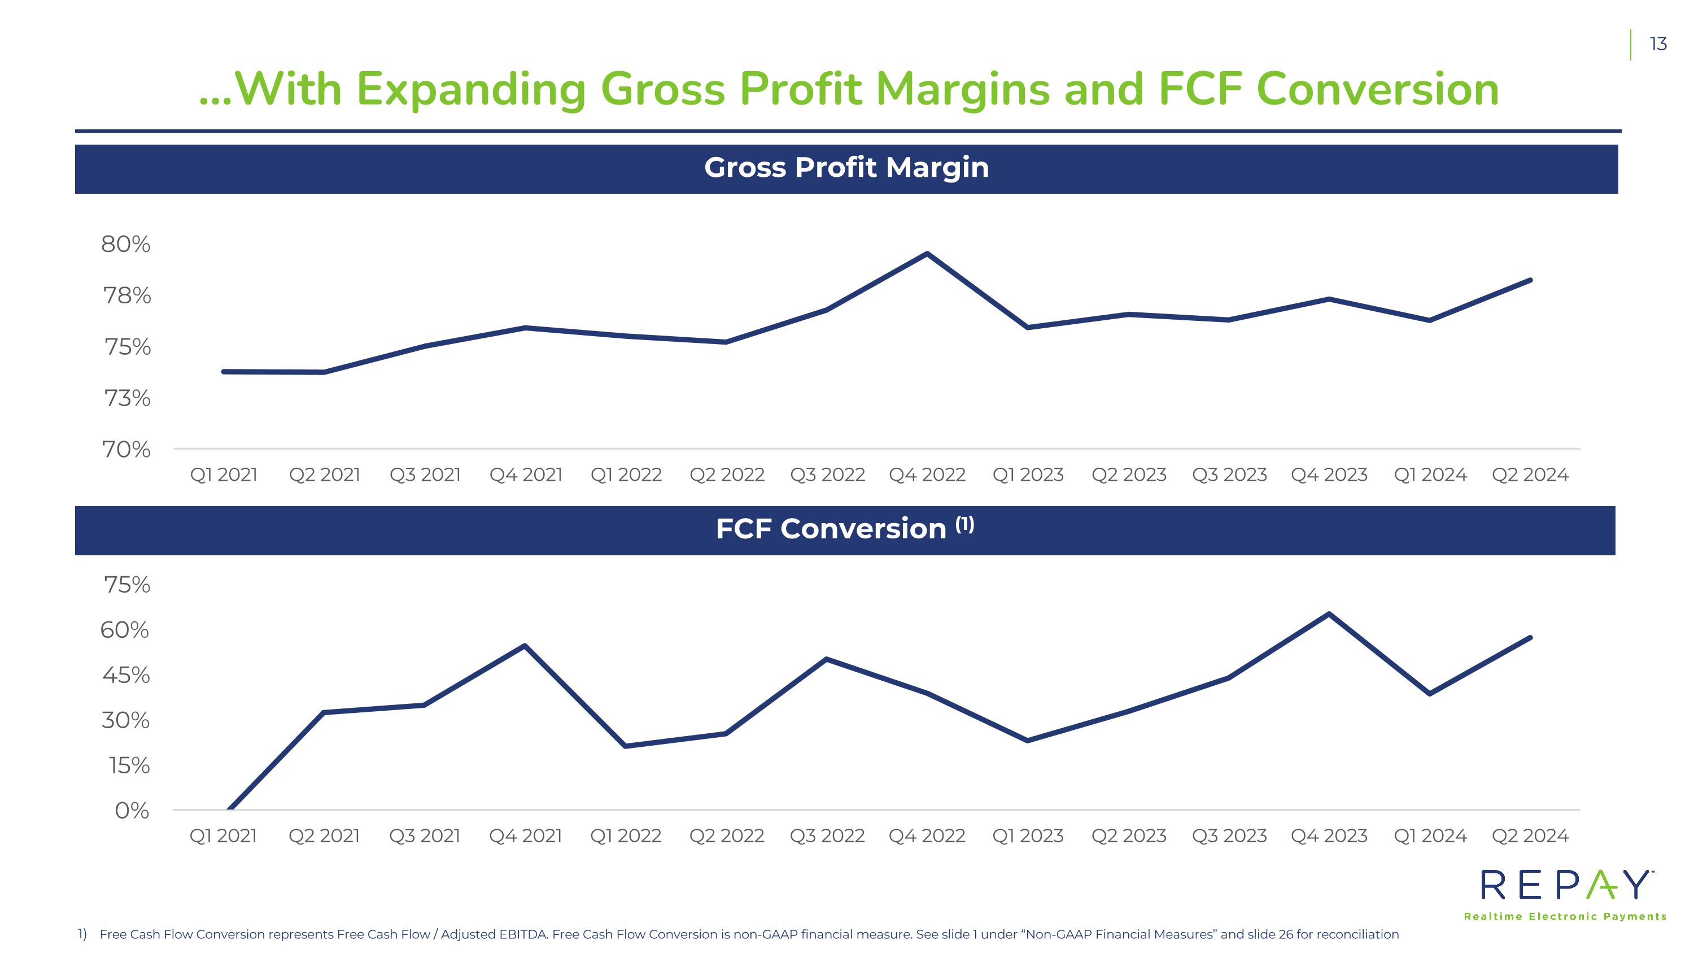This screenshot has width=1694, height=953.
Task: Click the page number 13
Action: tap(1658, 44)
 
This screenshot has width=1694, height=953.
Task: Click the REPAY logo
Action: tap(1566, 886)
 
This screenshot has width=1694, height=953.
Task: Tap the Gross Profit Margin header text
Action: tap(846, 168)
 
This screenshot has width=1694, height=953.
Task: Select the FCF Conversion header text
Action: tap(831, 529)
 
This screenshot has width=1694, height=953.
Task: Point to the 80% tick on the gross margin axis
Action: tap(125, 245)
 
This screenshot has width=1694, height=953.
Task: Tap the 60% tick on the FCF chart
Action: tap(125, 630)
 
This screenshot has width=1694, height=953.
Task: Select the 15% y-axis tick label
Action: tap(129, 765)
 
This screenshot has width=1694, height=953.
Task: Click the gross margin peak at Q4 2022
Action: tap(927, 254)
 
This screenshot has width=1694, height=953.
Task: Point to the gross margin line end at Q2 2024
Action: tap(1530, 281)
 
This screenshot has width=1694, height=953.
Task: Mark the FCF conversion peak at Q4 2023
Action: tap(1329, 614)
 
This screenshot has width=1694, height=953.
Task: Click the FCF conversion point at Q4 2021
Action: tap(525, 646)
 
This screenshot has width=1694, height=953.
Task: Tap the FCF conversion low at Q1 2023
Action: tap(1028, 741)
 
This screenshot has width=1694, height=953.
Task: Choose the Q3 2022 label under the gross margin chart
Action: tap(827, 475)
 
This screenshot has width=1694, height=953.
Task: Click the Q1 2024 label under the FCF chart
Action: tap(1430, 836)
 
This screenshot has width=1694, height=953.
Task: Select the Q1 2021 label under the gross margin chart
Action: tap(224, 475)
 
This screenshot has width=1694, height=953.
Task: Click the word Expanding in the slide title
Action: tap(471, 89)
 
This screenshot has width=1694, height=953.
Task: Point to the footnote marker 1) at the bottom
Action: tap(82, 934)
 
